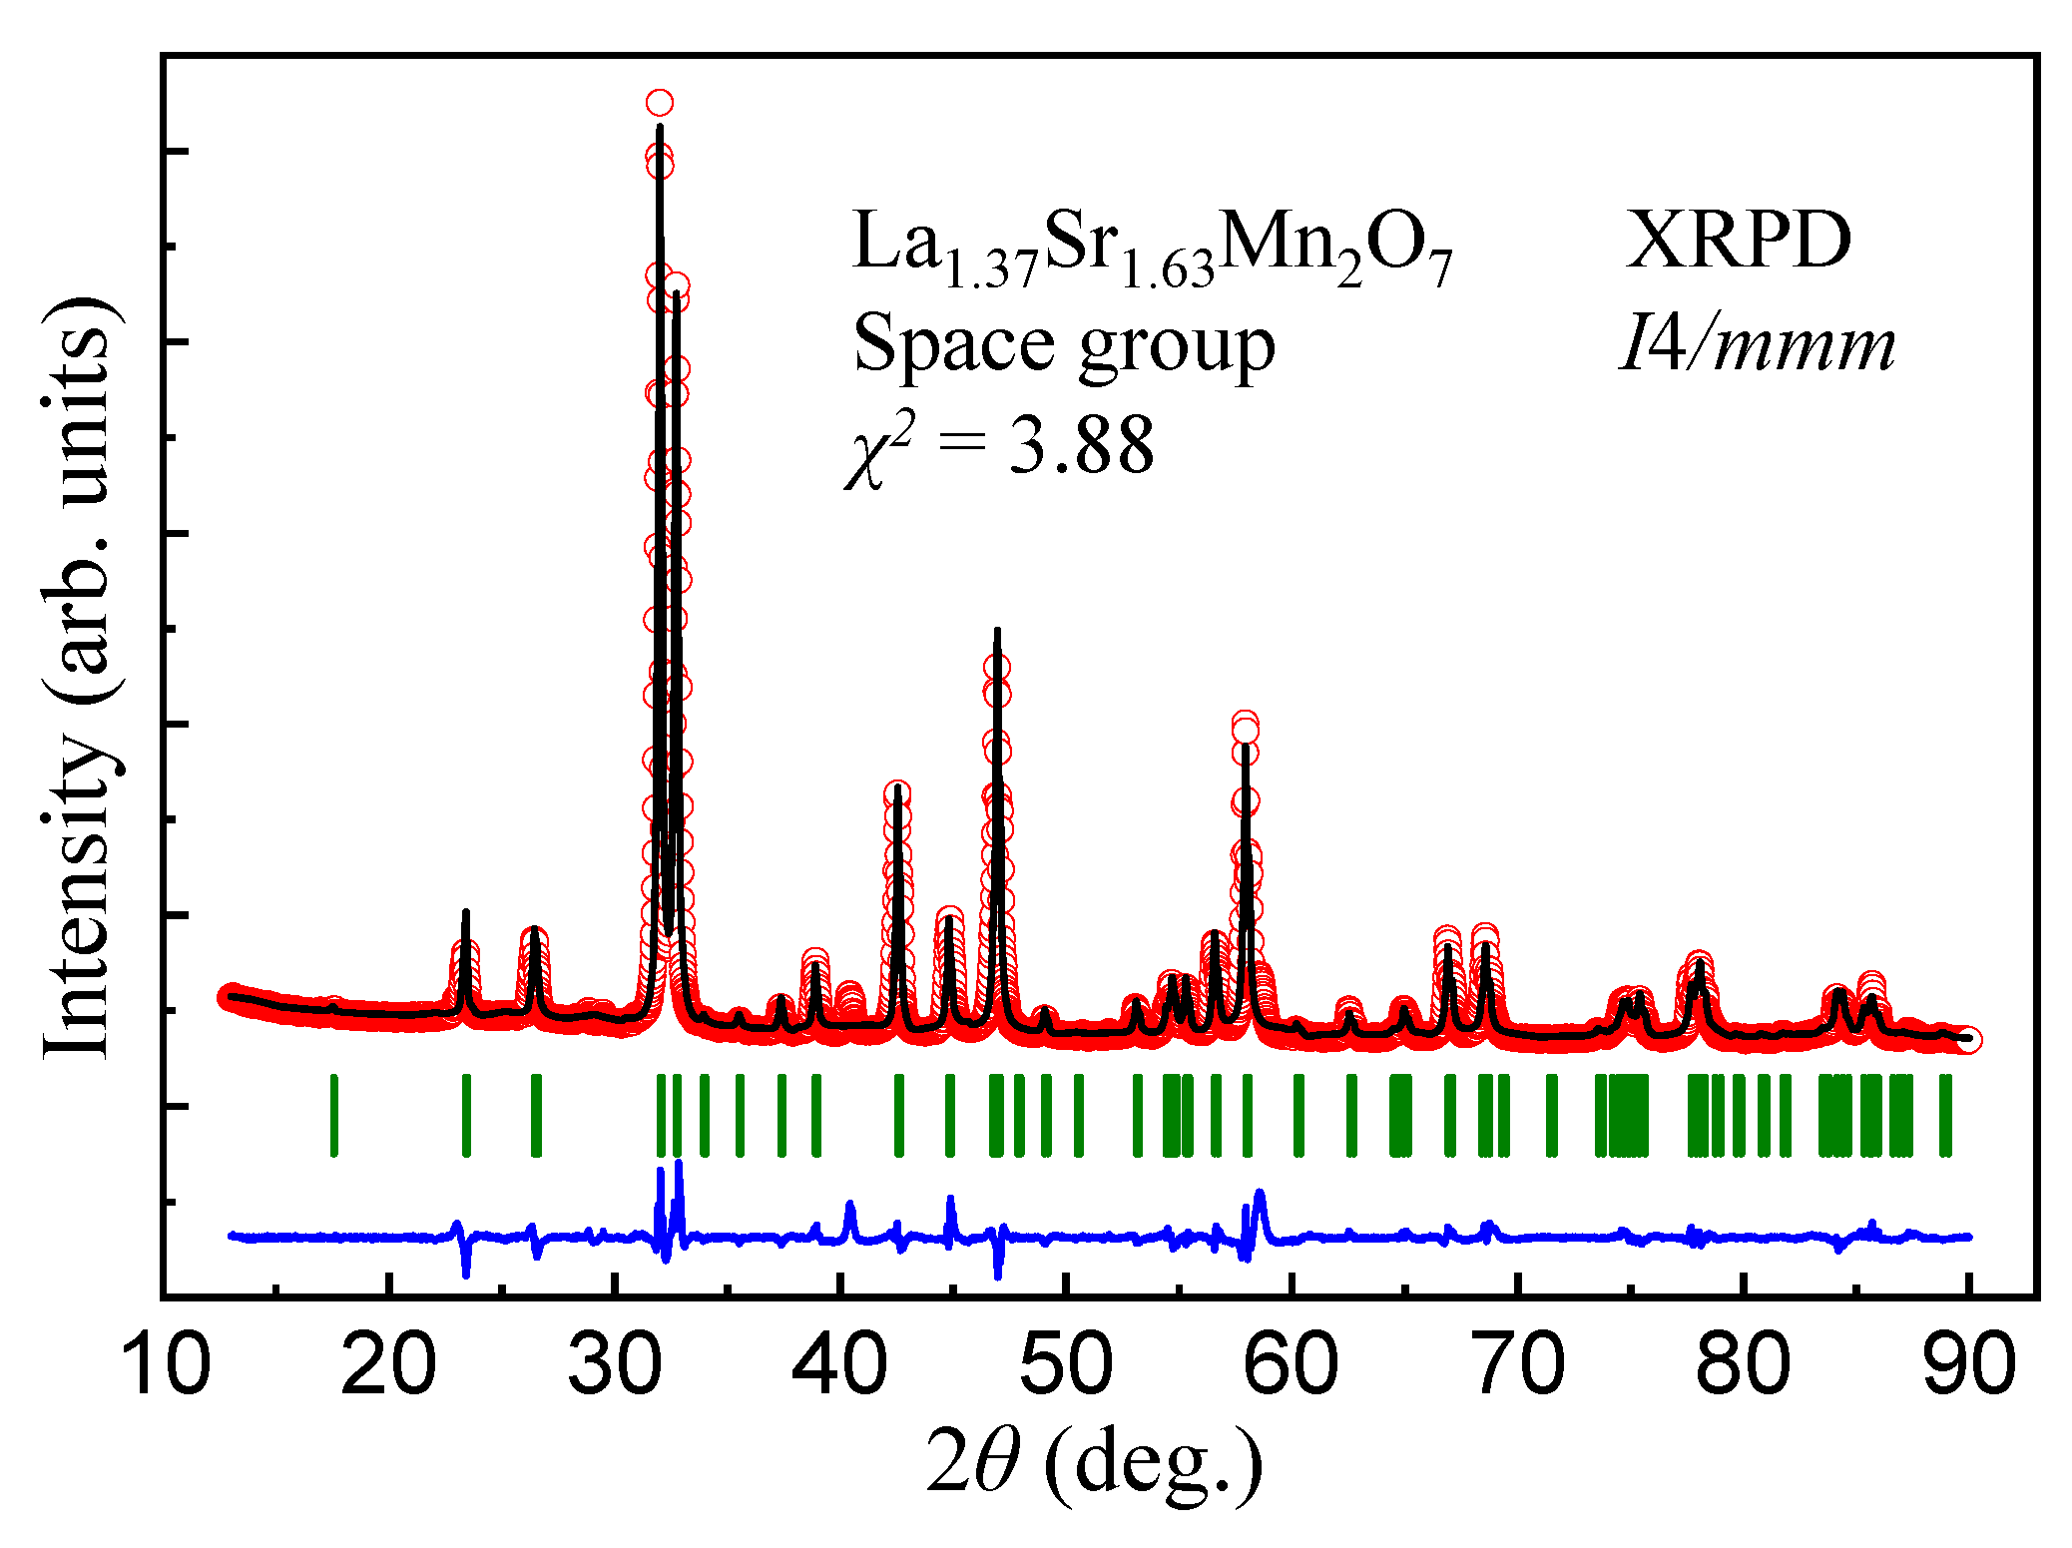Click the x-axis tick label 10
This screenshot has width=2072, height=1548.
click(166, 1366)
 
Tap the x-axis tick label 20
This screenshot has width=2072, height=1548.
click(388, 1366)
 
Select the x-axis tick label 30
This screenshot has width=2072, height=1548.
click(615, 1366)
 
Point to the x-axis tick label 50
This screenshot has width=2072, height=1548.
click(1066, 1366)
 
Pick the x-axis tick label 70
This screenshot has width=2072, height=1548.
click(1518, 1366)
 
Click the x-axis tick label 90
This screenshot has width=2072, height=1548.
click(1968, 1366)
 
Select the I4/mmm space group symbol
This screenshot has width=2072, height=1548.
click(1757, 345)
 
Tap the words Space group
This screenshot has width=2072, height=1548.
click(1064, 345)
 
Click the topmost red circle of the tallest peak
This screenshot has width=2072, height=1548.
click(659, 103)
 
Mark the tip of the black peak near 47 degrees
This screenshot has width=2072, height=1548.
click(997, 631)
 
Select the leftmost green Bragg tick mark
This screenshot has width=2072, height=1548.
click(334, 1115)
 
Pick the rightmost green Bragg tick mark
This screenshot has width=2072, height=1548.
click(1945, 1115)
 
